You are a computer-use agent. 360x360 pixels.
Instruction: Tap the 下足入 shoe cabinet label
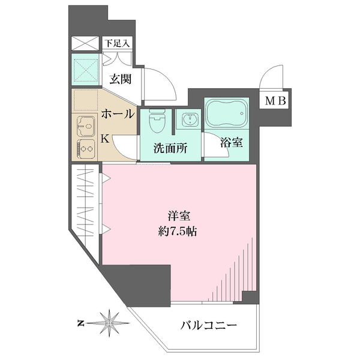click(116, 43)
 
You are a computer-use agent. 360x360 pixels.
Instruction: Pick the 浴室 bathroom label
click(231, 143)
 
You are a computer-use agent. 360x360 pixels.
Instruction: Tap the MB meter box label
click(275, 100)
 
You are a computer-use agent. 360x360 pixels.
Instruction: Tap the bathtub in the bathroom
click(226, 113)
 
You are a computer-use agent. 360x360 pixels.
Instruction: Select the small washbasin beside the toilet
click(190, 119)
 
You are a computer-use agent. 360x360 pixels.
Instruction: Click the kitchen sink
click(85, 127)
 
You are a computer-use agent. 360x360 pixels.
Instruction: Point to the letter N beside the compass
click(80, 323)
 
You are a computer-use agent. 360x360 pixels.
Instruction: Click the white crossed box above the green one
click(85, 44)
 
